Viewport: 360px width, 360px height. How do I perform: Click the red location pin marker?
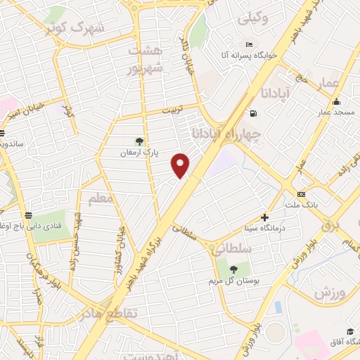click(181, 165)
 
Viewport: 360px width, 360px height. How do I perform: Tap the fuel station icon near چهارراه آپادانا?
click(252, 114)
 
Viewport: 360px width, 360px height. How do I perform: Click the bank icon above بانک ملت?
click(301, 194)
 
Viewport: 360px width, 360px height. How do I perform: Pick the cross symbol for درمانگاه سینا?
click(264, 217)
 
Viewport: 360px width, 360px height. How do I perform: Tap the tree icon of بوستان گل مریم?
click(233, 268)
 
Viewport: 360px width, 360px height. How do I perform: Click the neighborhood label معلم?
click(101, 199)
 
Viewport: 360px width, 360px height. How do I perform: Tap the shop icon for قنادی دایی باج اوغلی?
click(28, 215)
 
